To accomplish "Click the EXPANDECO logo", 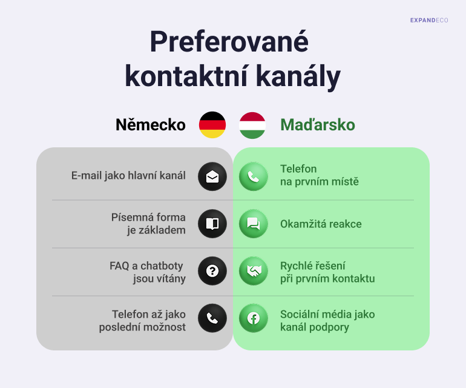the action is tap(429, 20).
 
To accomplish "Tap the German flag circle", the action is tap(212, 125).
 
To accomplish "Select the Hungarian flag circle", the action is tap(252, 125).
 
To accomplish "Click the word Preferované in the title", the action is tap(229, 41).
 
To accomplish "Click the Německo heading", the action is tap(151, 124).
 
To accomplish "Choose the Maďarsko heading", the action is tap(318, 124).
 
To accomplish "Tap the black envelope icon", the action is tap(212, 176).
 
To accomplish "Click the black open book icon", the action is tap(212, 224).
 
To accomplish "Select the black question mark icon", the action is tap(212, 271).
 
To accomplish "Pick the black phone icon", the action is tap(212, 318).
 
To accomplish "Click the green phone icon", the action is tap(253, 176).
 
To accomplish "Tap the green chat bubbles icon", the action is tap(253, 224).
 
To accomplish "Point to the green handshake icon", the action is tap(253, 271).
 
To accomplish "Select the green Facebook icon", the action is tap(253, 318).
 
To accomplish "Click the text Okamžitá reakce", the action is tap(321, 224).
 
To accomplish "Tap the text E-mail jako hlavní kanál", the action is tap(128, 176).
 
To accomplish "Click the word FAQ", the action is tap(119, 266).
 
